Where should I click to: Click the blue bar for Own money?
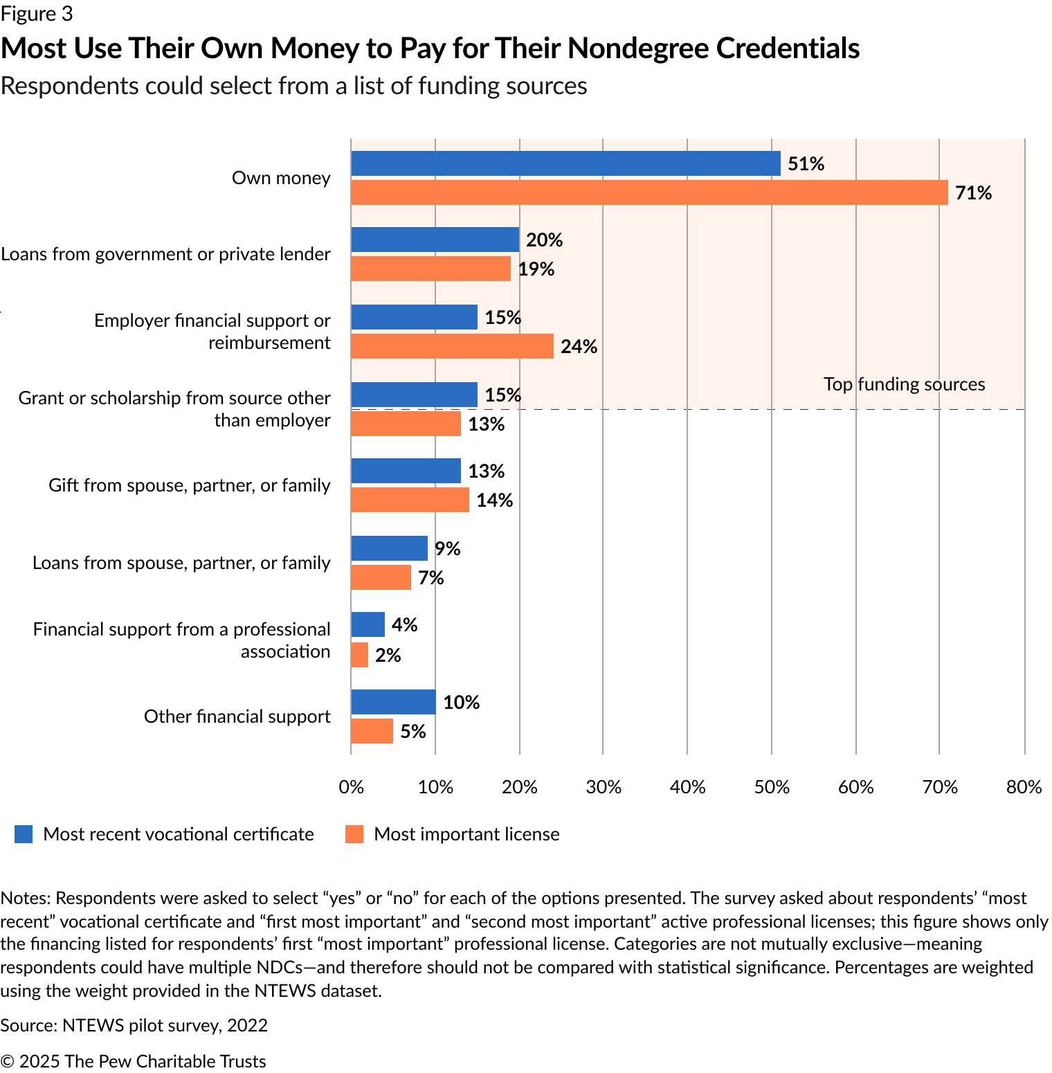point(565,163)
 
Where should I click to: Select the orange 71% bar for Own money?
point(649,192)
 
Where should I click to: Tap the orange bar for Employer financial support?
point(452,346)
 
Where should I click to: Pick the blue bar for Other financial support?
point(393,702)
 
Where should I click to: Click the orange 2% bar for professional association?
point(360,655)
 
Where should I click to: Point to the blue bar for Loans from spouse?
point(389,548)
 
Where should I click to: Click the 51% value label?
point(806,164)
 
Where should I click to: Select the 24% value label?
point(579,347)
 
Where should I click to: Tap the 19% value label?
point(536,269)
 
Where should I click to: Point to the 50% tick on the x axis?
point(772,787)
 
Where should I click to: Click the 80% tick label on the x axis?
point(1024,787)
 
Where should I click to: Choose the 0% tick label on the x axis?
point(351,787)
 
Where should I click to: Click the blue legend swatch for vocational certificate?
point(24,834)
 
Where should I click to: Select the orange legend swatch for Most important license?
point(354,834)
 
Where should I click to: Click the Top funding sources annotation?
point(904,384)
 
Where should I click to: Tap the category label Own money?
point(281,178)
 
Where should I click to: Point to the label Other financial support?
point(237,716)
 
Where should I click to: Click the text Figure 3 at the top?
point(37,14)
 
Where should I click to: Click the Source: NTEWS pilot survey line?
point(134,1025)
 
